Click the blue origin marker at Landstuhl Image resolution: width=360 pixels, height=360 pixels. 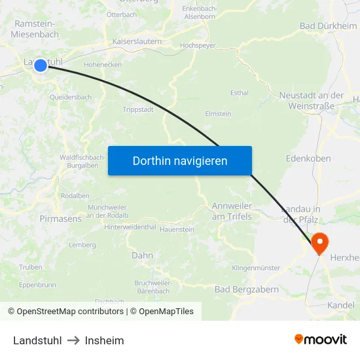[41, 65]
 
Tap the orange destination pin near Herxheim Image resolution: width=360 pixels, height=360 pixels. [319, 242]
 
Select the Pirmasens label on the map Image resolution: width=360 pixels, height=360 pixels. [60, 219]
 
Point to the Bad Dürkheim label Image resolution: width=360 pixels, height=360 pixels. [328, 26]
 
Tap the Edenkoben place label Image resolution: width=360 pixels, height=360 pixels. [308, 158]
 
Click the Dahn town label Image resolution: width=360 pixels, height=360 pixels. [142, 255]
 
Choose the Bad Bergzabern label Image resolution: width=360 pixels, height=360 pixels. [247, 289]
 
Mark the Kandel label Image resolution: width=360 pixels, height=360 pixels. [340, 305]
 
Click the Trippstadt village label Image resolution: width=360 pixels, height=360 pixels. [138, 109]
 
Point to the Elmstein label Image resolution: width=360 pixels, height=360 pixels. [218, 113]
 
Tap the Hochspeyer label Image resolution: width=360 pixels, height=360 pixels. [198, 46]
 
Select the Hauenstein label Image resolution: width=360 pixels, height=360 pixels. [177, 229]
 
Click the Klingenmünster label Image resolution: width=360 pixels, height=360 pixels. [256, 268]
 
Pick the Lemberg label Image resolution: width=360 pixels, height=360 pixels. [82, 245]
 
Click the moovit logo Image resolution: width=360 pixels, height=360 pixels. [320, 339]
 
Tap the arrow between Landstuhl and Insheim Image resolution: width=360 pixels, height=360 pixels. [73, 340]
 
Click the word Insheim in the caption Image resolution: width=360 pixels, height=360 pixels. [104, 340]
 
